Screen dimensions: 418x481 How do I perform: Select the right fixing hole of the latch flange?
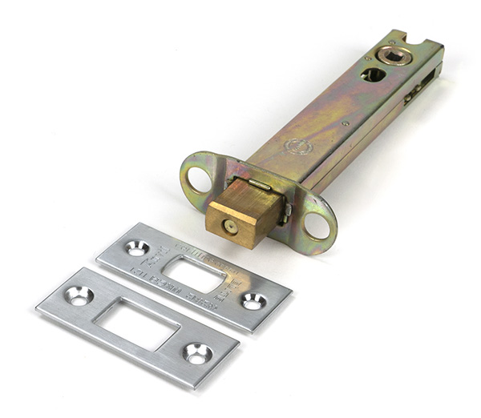point(317,225)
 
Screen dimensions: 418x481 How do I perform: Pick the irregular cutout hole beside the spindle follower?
point(374,74)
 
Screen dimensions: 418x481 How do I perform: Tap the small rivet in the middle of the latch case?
point(345,123)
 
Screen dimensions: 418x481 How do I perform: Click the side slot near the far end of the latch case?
point(416,94)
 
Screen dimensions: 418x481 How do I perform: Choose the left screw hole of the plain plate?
point(79,295)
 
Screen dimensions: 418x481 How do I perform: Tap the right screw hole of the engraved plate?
point(253,300)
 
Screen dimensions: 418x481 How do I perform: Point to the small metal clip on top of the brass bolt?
point(258,185)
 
